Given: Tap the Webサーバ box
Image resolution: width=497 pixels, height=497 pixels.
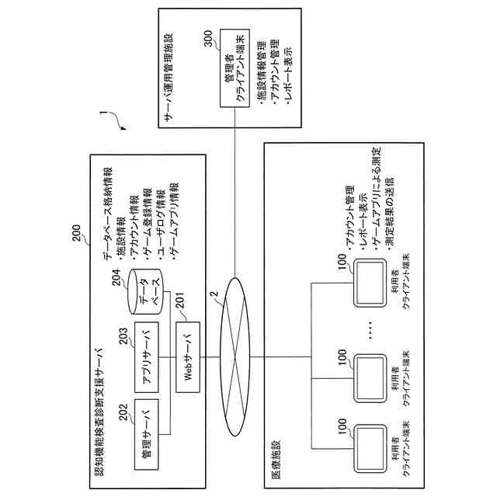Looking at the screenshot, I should [x=187, y=356].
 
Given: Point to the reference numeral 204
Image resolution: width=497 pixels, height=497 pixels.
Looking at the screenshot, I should [x=117, y=281].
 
